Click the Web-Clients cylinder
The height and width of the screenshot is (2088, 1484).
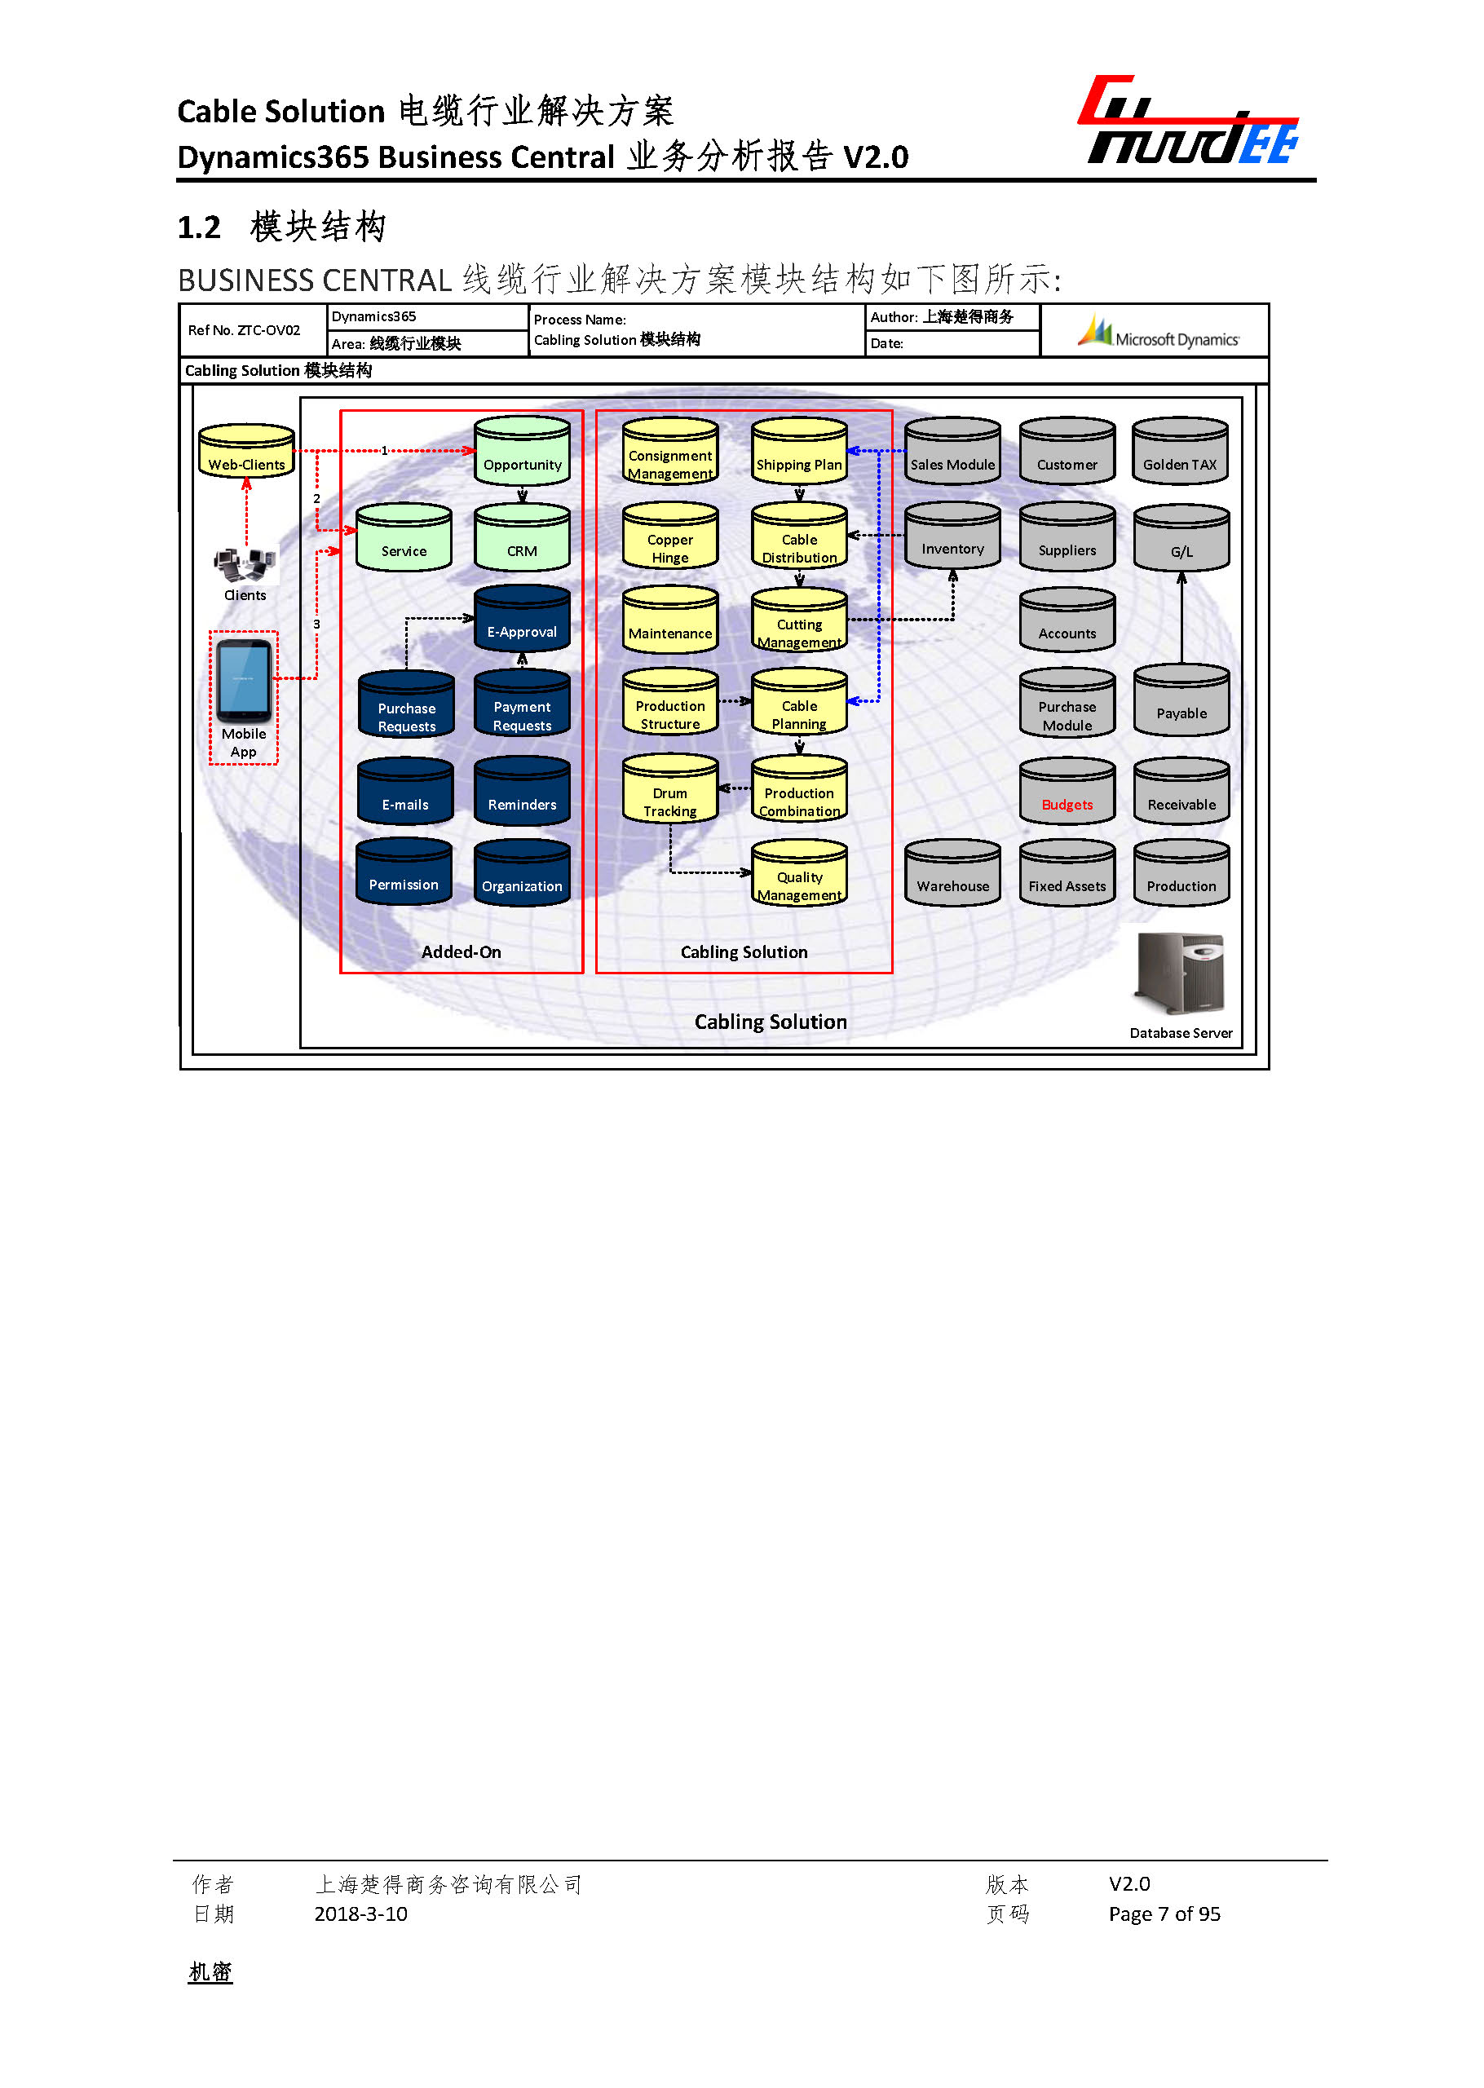245,452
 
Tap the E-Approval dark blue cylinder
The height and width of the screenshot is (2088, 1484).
522,620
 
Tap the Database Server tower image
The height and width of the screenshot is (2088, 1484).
1179,974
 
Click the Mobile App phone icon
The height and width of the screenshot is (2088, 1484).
243,681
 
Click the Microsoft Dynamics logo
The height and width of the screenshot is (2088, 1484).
1158,332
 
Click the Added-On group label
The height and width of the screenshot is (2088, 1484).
461,952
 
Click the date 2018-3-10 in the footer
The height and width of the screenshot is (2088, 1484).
360,1914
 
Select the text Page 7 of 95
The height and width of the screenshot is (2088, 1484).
1164,1914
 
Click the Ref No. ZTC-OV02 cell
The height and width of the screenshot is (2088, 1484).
244,331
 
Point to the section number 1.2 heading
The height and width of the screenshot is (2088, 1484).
199,227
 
